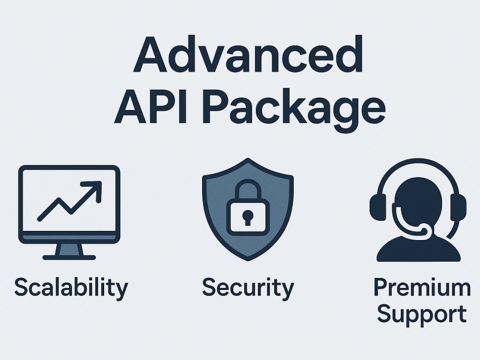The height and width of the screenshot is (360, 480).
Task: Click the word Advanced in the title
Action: click(248, 54)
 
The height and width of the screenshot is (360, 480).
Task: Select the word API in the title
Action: click(150, 106)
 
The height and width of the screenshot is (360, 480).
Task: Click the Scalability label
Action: click(71, 288)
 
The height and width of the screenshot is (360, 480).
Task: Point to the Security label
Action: click(248, 288)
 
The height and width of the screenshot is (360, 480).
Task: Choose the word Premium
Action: click(422, 287)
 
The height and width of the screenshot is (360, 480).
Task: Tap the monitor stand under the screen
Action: click(70, 250)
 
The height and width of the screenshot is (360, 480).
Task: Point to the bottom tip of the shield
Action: click(248, 261)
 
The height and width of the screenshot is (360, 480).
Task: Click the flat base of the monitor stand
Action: click(69, 258)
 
